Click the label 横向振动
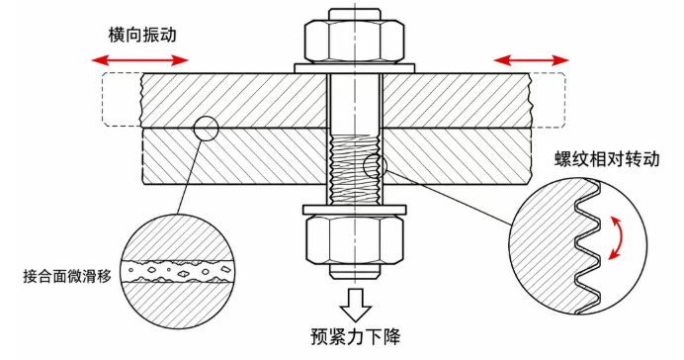tap(142, 35)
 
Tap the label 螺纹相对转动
tap(607, 159)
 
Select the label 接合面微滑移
tap(67, 276)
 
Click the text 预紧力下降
tap(355, 336)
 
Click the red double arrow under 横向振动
tap(139, 60)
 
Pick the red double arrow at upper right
tap(532, 60)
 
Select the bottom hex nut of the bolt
tap(354, 239)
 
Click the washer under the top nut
tap(354, 68)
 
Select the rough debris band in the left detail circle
tap(177, 271)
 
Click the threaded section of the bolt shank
tap(354, 170)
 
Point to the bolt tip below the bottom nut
tap(354, 271)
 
